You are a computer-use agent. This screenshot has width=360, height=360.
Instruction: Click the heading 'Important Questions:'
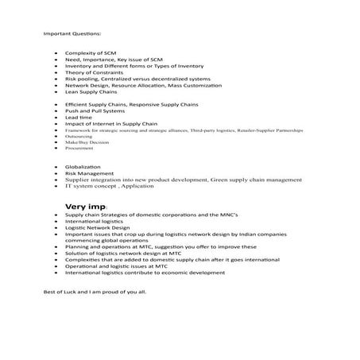(x=72, y=34)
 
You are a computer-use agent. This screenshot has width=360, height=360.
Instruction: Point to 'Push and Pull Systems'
(x=92, y=111)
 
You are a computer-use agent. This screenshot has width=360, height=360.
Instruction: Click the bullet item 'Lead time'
(x=78, y=118)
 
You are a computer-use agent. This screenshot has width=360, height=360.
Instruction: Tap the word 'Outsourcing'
(x=79, y=135)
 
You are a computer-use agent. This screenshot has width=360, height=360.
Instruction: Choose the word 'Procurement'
(x=79, y=147)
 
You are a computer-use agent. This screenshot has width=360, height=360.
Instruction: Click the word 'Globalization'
(x=83, y=167)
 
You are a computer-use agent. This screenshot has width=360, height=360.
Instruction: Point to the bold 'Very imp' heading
(x=81, y=205)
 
